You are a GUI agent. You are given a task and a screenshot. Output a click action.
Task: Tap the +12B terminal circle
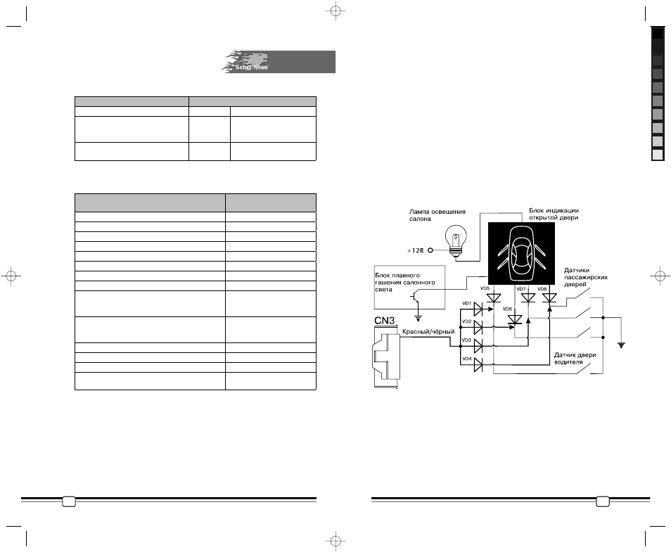430,250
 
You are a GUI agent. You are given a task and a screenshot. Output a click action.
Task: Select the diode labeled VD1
478,308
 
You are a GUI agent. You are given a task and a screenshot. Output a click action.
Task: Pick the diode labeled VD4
478,365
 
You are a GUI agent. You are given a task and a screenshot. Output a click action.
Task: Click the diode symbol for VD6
514,319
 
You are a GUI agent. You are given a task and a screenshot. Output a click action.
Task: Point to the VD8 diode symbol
549,298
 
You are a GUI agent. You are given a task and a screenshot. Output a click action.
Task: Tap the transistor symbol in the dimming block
414,296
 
